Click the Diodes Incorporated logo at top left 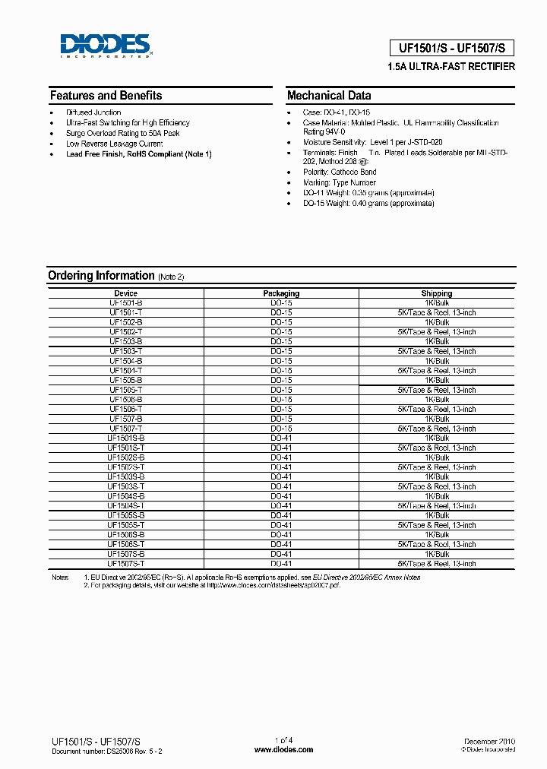pos(106,46)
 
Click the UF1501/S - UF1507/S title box pos(451,48)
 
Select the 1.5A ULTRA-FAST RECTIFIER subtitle pos(451,67)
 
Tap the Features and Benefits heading pos(106,96)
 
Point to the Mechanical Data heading pos(329,96)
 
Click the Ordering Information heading pos(101,275)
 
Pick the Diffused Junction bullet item pos(93,112)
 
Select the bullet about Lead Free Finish pos(138,154)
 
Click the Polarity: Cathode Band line pos(339,172)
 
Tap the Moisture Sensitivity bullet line pos(372,142)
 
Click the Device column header pos(126,293)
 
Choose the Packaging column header pos(281,293)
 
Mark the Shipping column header pos(437,293)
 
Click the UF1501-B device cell pos(126,302)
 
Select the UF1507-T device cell pos(126,429)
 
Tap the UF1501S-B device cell pos(126,438)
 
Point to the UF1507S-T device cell pos(126,564)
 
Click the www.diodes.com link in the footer pos(283,749)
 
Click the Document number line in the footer pos(106,750)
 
